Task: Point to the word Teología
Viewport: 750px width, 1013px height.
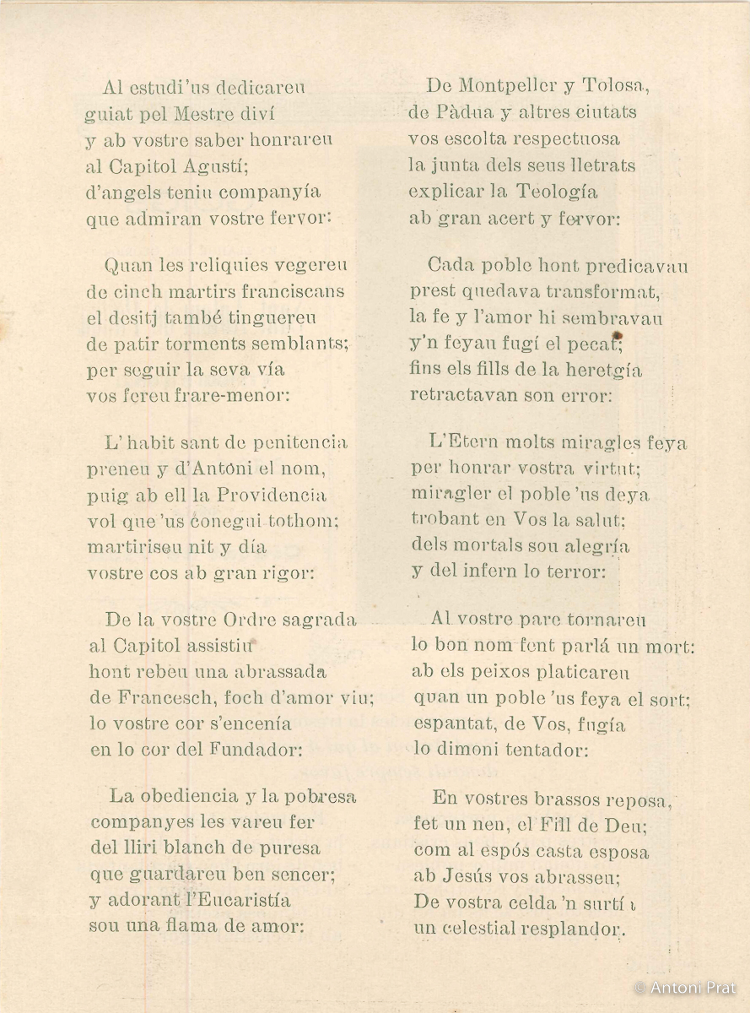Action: [564, 192]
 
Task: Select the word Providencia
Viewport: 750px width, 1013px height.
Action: [272, 495]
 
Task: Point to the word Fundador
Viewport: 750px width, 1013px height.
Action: [252, 750]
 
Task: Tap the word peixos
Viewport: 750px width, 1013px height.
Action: [500, 673]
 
